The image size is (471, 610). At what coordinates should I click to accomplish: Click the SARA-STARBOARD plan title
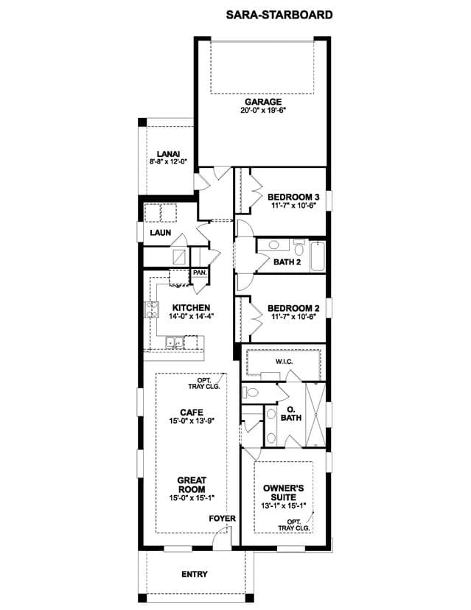coord(279,15)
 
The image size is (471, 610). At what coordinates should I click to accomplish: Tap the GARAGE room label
coord(263,102)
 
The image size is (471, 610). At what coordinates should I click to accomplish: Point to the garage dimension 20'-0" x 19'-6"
coord(263,110)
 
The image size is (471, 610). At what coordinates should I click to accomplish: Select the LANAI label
coord(168,155)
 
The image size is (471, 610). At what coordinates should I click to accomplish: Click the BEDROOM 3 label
coord(293,197)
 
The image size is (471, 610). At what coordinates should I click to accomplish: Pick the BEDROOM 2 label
coord(293,309)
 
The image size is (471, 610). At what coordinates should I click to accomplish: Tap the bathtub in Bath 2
coord(318,256)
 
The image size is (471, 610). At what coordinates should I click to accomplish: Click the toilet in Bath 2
coord(299,248)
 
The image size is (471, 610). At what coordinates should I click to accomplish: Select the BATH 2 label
coord(287,262)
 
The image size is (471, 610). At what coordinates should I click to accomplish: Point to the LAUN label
coord(161,233)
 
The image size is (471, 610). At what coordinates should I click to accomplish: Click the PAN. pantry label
coord(200,273)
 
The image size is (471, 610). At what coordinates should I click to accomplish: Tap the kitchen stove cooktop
coord(151,309)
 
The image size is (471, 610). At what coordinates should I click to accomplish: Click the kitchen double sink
coord(175,343)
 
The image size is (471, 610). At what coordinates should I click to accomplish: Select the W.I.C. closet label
coord(285,362)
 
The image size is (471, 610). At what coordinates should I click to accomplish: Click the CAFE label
coord(192,413)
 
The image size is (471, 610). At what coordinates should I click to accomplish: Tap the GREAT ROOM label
coord(192,485)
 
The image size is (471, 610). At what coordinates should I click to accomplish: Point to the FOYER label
coord(223,519)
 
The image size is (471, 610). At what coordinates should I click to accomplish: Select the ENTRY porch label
coord(195,574)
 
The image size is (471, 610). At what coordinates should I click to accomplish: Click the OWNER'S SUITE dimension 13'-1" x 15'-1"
coord(284,505)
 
